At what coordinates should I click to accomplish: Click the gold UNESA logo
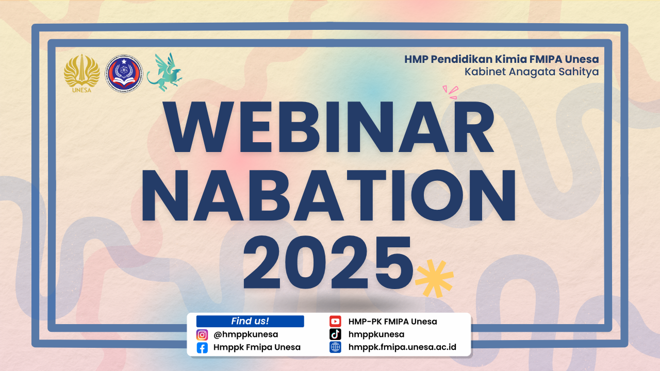(81, 74)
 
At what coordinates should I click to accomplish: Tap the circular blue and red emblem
(124, 74)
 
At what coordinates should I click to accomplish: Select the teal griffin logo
(164, 72)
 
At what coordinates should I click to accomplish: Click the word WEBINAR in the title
(329, 127)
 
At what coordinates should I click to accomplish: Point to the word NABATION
(329, 195)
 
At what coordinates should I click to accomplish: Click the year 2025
(328, 262)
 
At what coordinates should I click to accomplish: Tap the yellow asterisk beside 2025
(434, 278)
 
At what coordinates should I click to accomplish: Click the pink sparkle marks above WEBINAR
(451, 92)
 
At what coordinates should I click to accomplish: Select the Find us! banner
(250, 321)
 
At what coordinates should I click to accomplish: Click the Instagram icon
(202, 335)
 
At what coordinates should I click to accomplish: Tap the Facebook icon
(202, 348)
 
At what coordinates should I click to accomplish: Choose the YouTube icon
(335, 321)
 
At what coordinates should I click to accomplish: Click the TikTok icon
(335, 334)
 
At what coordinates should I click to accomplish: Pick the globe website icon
(335, 347)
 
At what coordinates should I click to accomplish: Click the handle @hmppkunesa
(246, 334)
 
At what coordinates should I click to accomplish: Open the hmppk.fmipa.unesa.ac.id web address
(402, 347)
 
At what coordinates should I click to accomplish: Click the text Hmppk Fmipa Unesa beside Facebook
(257, 347)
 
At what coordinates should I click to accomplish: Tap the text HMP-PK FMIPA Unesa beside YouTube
(392, 321)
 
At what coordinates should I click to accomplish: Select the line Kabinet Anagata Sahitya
(532, 72)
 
